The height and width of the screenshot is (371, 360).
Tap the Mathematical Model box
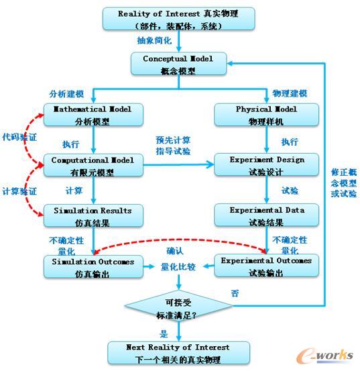(x=92, y=115)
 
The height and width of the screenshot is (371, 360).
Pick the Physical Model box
(x=267, y=115)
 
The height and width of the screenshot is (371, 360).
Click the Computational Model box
(x=92, y=166)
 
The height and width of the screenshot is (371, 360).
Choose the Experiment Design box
(x=267, y=166)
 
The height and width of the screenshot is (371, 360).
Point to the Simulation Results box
(x=92, y=216)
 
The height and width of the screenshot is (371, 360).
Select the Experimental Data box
(x=267, y=216)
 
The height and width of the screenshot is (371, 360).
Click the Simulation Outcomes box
(x=92, y=267)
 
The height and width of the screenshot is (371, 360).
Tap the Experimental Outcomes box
(x=267, y=267)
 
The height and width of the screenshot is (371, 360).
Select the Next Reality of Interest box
(x=178, y=353)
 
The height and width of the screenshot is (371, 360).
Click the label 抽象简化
(x=159, y=42)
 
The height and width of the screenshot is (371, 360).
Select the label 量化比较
(x=178, y=266)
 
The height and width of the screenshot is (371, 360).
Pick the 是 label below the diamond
(x=164, y=332)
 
